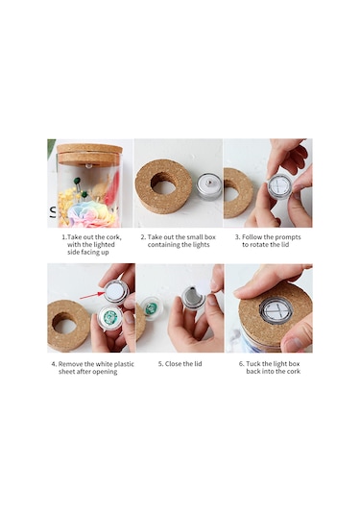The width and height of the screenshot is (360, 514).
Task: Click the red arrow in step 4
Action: click(x=91, y=296)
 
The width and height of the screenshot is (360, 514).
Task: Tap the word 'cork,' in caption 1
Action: click(x=113, y=237)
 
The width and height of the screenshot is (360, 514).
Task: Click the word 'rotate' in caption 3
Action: click(x=260, y=245)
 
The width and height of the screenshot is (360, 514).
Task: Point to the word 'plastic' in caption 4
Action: click(x=124, y=364)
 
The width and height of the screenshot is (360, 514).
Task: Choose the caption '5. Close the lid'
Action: click(x=180, y=364)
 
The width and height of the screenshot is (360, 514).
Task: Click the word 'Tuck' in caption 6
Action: click(x=253, y=364)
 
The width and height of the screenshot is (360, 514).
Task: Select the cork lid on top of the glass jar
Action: click(x=89, y=155)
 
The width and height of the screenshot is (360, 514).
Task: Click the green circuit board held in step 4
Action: click(x=110, y=317)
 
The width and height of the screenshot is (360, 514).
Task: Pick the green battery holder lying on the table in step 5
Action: click(x=151, y=307)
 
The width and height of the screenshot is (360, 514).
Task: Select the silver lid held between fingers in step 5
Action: click(x=193, y=297)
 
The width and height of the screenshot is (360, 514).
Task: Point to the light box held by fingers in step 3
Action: click(x=279, y=185)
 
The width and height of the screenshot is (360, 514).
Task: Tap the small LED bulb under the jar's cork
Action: click(x=88, y=166)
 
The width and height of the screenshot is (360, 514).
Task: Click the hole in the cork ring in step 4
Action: click(x=65, y=323)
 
